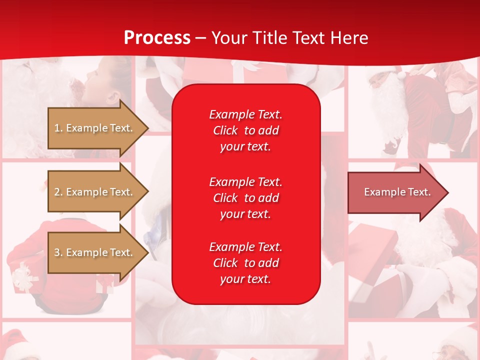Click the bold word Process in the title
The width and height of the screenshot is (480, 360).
click(x=157, y=38)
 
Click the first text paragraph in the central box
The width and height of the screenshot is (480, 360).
click(x=245, y=130)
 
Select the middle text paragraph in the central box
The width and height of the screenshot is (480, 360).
click(x=245, y=198)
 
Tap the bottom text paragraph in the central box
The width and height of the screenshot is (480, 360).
click(x=245, y=263)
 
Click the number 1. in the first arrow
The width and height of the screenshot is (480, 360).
click(x=58, y=128)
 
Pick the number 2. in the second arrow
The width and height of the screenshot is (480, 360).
click(x=58, y=192)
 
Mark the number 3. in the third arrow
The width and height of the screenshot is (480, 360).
click(x=58, y=252)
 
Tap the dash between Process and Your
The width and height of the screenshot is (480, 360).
click(x=200, y=38)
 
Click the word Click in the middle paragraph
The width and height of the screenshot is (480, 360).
click(x=225, y=198)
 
